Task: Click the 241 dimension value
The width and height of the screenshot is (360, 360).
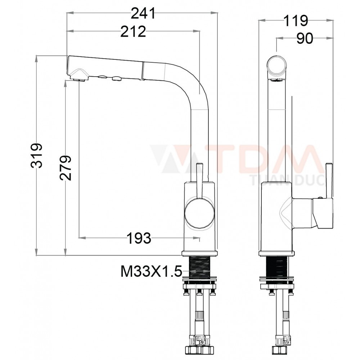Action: [143, 14]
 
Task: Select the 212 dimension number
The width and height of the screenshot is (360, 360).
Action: [133, 32]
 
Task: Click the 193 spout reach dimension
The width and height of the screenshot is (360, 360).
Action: [139, 238]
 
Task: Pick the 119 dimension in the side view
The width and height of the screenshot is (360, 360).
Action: [296, 21]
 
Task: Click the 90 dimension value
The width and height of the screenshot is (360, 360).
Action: [305, 39]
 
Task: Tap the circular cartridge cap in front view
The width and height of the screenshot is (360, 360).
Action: [199, 214]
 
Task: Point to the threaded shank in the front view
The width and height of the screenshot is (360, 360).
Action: [200, 266]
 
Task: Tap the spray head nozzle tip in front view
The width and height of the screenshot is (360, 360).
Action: [79, 76]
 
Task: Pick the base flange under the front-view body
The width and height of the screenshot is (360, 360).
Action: [199, 253]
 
